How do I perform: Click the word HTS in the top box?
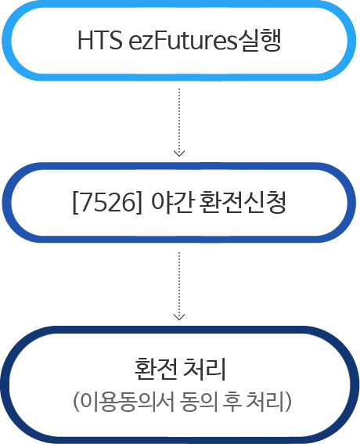pyautogui.click(x=100, y=40)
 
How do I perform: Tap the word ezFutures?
pyautogui.click(x=182, y=40)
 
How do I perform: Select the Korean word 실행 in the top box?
pyautogui.click(x=259, y=40)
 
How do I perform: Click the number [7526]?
pyautogui.click(x=107, y=203)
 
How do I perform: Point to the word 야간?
pyautogui.click(x=173, y=202)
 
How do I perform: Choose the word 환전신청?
pyautogui.click(x=243, y=202)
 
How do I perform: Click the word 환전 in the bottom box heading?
pyautogui.click(x=156, y=369)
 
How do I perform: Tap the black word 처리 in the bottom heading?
pyautogui.click(x=204, y=369)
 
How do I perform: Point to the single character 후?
pyautogui.click(x=232, y=402)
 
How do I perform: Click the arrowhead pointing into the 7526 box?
pyautogui.click(x=179, y=153)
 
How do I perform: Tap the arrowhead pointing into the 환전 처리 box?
pyautogui.click(x=179, y=317)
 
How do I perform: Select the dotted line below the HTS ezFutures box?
pyautogui.click(x=179, y=121)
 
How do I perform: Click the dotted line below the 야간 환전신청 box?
pyautogui.click(x=179, y=285)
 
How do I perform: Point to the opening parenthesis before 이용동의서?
pyautogui.click(x=76, y=402)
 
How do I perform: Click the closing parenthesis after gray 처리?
pyautogui.click(x=288, y=402)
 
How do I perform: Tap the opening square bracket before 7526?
pyautogui.click(x=75, y=203)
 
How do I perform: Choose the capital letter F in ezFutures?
pyautogui.click(x=159, y=40)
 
